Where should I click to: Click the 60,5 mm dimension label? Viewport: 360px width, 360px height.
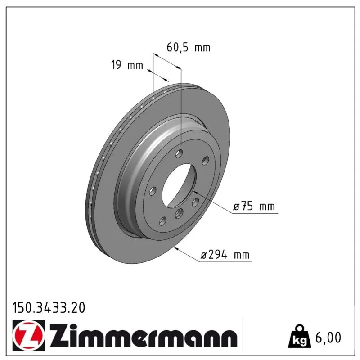(188, 48)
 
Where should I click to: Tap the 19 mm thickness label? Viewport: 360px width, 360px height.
(127, 65)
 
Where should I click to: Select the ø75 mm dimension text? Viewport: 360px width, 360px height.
(254, 207)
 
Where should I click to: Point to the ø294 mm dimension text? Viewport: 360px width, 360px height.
(225, 255)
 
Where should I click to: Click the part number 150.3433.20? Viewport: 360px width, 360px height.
(49, 308)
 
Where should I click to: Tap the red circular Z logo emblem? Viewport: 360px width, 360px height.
(29, 335)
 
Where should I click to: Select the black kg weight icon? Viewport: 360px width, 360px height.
(300, 336)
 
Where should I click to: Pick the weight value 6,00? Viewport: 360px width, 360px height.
(328, 337)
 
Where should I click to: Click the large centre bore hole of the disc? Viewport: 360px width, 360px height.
(179, 185)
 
